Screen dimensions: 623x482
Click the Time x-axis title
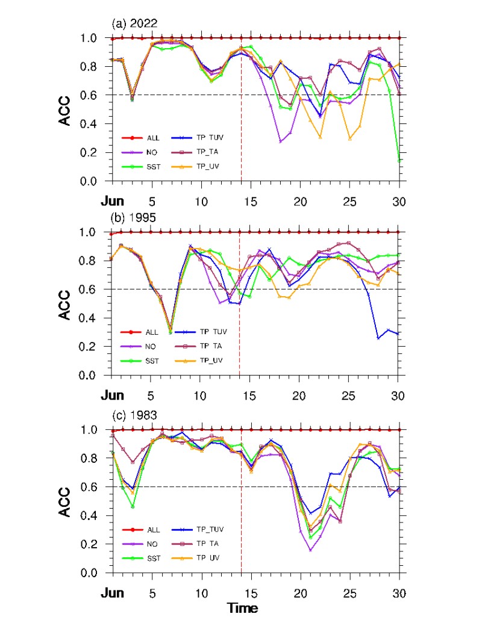242,608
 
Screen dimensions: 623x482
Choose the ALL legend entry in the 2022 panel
151,138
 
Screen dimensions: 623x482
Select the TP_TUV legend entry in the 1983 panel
208,529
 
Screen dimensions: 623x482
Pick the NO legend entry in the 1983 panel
151,544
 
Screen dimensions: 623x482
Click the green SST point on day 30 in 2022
399,161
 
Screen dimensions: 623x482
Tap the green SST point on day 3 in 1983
132,507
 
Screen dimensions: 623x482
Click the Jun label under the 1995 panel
113,395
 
